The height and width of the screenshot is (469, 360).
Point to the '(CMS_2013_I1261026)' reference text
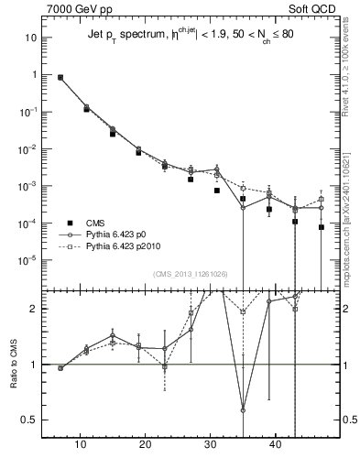point(191,273)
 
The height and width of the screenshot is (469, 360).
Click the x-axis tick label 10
point(81,445)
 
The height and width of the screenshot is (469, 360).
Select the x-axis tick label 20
point(146,445)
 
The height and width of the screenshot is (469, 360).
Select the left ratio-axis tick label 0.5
point(30,420)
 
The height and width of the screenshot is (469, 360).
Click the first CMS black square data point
point(60,78)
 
